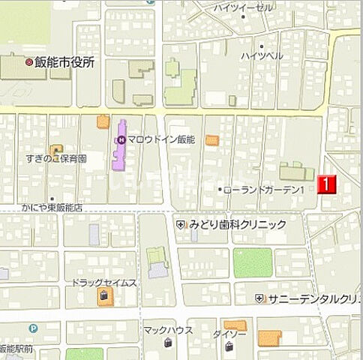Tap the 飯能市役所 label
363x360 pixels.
[x=64, y=63]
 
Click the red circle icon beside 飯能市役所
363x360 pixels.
[x=29, y=63]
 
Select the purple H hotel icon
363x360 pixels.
[x=120, y=139]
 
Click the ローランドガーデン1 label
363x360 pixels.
[x=263, y=190]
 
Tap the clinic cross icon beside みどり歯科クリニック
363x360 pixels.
[x=180, y=224]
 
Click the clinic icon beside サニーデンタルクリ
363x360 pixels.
[x=259, y=298]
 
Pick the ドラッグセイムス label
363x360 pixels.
[x=104, y=283]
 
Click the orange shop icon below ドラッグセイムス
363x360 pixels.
[x=103, y=298]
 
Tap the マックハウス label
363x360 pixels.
[x=168, y=329]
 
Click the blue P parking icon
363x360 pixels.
[x=33, y=328]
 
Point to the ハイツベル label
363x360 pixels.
[x=262, y=56]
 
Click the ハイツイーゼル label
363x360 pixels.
[x=244, y=7]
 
